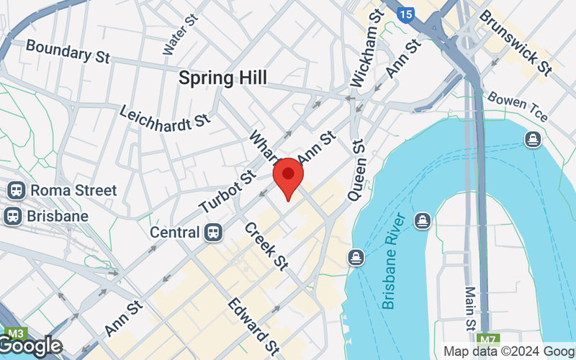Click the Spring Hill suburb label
point(222,78)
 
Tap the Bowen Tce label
point(518,107)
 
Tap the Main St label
point(471,305)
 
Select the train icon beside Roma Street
point(14,191)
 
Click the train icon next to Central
point(212,232)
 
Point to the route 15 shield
point(406,13)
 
